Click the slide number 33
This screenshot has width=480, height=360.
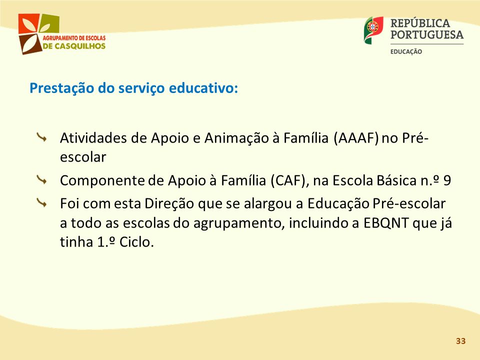click(460, 341)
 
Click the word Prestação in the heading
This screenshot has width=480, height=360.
click(62, 88)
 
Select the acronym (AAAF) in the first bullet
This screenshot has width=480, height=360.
click(355, 138)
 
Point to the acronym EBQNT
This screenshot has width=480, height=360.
click(386, 223)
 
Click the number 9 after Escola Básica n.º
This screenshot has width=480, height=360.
click(447, 180)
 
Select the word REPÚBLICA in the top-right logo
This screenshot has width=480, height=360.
click(420, 23)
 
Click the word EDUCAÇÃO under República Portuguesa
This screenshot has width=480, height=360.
click(406, 51)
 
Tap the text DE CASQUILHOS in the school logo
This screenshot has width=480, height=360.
click(74, 46)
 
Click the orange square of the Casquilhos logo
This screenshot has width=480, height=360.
click(28, 23)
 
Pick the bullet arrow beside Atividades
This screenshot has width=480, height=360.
click(41, 137)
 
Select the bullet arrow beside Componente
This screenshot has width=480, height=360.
click(41, 180)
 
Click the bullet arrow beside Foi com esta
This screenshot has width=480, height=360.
click(41, 203)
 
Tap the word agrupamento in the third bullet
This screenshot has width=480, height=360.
click(237, 223)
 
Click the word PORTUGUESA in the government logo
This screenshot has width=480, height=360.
click(427, 34)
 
